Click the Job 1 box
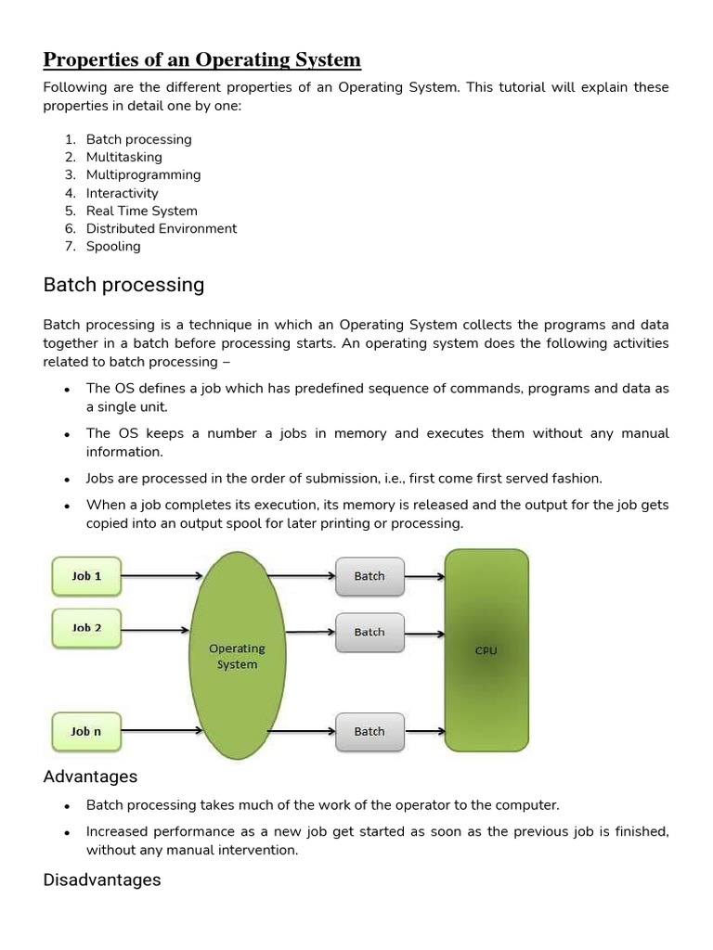click(x=86, y=575)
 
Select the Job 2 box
click(x=86, y=628)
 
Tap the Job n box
click(x=86, y=731)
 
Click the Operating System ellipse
click(x=238, y=656)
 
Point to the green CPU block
click(x=486, y=650)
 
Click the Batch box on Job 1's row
click(x=369, y=576)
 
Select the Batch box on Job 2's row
click(x=369, y=632)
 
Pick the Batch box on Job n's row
click(x=369, y=731)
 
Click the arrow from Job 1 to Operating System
click(x=162, y=575)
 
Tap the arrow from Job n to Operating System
click(x=162, y=731)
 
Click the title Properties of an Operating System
click(x=202, y=60)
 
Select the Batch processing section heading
click(x=123, y=285)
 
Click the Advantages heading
click(x=90, y=777)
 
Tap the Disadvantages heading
click(x=102, y=879)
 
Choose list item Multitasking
click(x=123, y=157)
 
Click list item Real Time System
click(x=141, y=211)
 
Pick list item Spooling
click(x=113, y=246)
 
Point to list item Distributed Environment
click(x=162, y=228)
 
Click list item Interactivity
click(x=123, y=193)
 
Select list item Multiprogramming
click(x=143, y=174)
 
